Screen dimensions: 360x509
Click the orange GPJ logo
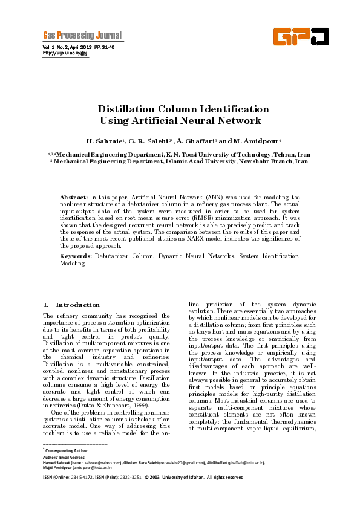tap(301, 37)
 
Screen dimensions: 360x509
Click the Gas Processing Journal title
tap(82, 34)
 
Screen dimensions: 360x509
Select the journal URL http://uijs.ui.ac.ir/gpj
tap(65, 53)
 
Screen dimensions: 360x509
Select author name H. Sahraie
tap(105, 141)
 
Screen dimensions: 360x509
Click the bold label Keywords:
tap(76, 256)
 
